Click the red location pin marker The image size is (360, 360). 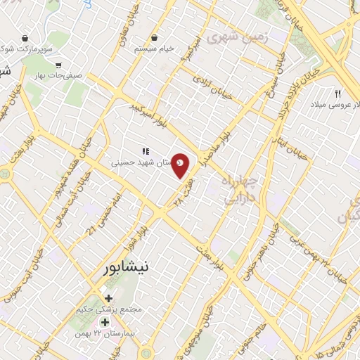tap(181, 165)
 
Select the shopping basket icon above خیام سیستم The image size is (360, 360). tap(154, 38)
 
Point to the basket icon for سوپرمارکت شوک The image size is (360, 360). tap(26, 38)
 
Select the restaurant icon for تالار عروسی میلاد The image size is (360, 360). tap(338, 94)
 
